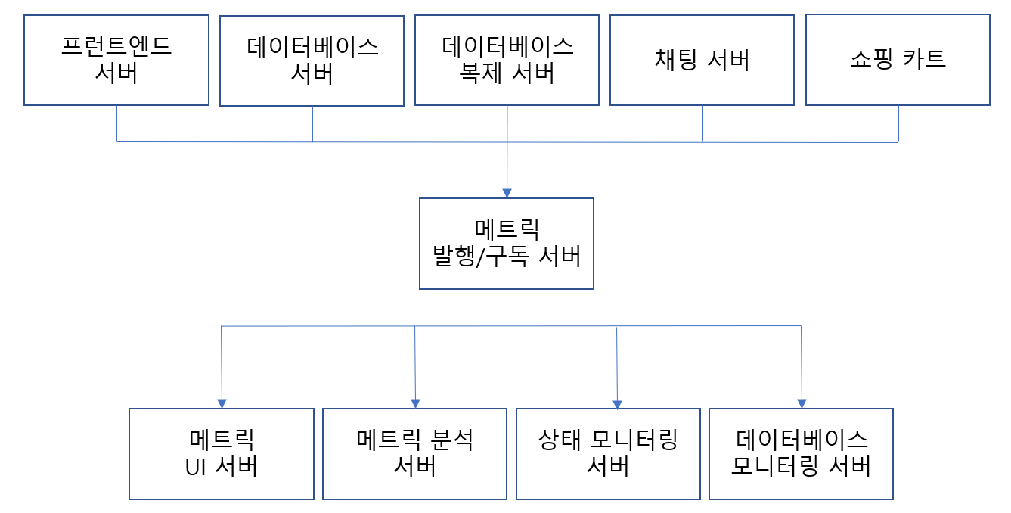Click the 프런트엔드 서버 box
[116, 60]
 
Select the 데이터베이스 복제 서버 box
[507, 60]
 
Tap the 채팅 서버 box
[702, 60]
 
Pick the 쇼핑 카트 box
[898, 60]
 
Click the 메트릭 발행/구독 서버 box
[507, 243]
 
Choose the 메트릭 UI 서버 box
[222, 453]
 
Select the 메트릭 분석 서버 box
[414, 453]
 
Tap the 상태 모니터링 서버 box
[608, 453]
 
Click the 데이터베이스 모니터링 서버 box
[801, 453]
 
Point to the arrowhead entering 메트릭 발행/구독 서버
[507, 193]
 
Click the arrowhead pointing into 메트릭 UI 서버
[222, 403]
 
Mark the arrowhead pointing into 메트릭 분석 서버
[415, 403]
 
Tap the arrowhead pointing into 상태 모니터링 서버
[618, 404]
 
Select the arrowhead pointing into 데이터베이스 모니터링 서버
[802, 403]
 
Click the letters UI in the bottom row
[196, 467]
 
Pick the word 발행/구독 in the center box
[482, 256]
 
